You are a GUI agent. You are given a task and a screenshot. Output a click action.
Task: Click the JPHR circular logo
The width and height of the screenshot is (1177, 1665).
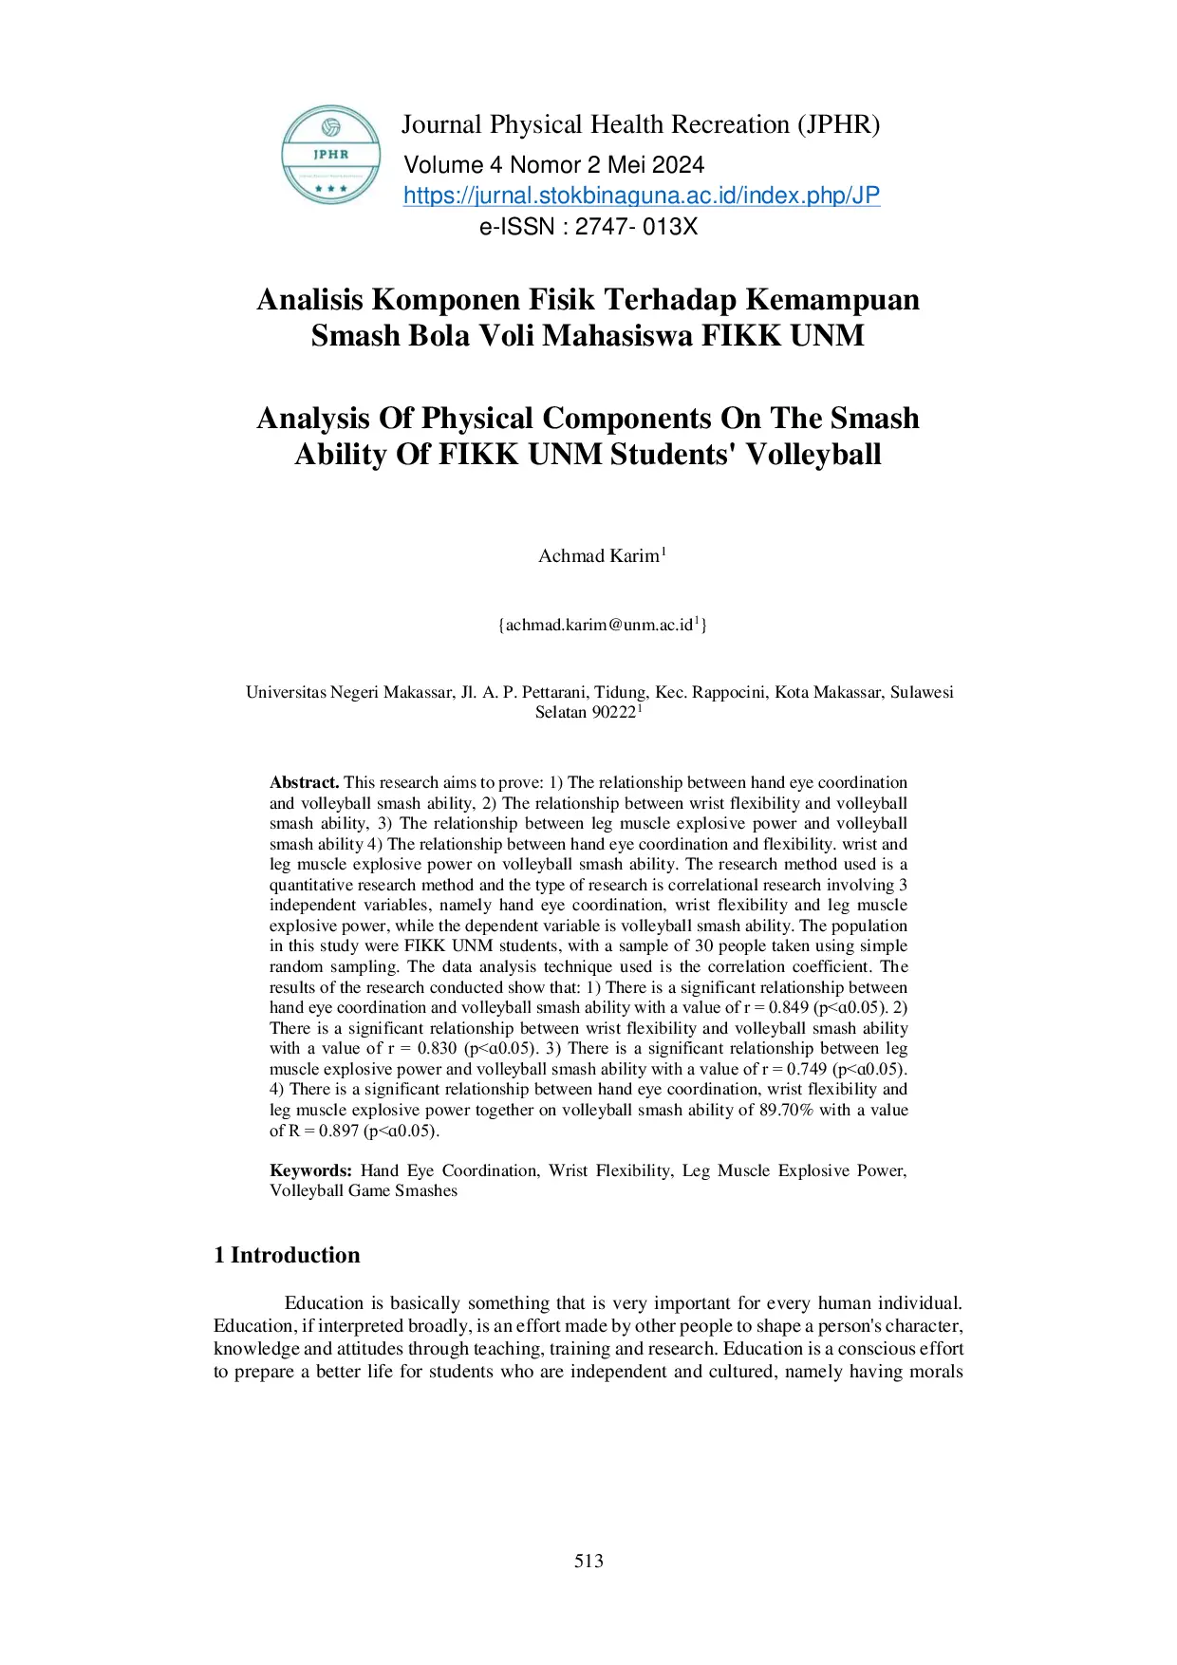point(330,155)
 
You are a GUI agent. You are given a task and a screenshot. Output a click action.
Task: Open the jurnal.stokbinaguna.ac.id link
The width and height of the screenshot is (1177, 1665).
point(641,196)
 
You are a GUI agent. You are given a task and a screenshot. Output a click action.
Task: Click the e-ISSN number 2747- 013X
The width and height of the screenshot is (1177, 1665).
point(636,227)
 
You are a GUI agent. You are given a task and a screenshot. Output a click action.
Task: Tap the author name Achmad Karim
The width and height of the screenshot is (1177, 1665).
point(598,556)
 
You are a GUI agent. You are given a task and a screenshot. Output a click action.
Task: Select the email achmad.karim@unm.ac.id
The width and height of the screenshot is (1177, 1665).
point(599,625)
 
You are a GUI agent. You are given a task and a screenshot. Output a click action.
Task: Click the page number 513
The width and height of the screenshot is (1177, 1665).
point(588,1562)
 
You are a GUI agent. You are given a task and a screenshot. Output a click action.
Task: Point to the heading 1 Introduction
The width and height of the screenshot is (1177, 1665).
point(287,1255)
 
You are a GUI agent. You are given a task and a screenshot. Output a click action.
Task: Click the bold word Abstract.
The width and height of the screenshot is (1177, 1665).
point(304,782)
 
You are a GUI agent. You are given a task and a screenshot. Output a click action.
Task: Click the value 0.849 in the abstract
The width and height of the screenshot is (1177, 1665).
point(788,1007)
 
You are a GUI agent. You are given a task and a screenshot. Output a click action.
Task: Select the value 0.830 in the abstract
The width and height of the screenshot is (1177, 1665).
point(437,1048)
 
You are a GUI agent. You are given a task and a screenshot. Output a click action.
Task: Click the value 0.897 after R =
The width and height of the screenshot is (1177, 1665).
point(339,1131)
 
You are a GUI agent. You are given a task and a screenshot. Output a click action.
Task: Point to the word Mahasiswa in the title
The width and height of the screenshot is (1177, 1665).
point(617,336)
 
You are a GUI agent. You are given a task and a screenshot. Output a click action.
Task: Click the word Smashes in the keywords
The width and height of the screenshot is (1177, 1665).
point(425,1191)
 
